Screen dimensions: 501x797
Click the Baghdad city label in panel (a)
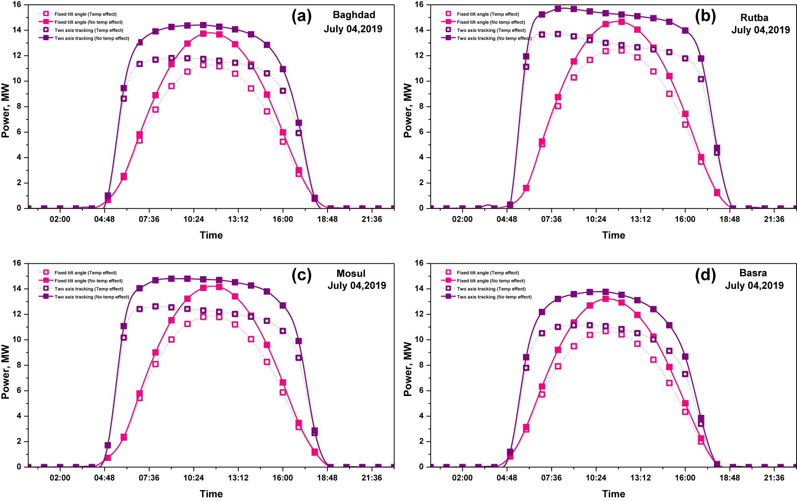tap(354, 15)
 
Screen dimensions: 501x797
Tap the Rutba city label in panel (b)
tap(754, 18)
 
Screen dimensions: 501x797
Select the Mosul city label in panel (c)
tap(351, 273)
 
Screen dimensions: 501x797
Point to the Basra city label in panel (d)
tap(753, 273)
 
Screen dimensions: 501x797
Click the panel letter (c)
tap(301, 275)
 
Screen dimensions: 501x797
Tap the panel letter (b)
tap(705, 16)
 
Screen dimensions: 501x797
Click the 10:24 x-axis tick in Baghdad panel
tap(194, 219)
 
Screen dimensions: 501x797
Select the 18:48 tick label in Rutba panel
tap(729, 219)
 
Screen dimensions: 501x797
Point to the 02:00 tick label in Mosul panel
tap(60, 478)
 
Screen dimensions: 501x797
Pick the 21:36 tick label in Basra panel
tap(774, 478)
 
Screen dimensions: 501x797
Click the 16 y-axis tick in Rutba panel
tap(419, 5)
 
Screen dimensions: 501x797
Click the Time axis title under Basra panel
tap(613, 494)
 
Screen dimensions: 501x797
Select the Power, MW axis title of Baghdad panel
tap(6, 110)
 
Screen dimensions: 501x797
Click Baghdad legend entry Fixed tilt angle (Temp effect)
tap(85, 14)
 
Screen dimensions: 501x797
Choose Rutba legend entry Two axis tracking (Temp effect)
tap(491, 30)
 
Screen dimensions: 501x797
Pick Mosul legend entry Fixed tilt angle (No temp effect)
tap(88, 281)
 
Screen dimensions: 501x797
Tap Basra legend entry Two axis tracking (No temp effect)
tap(494, 297)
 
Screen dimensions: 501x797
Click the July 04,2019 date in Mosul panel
tap(357, 286)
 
